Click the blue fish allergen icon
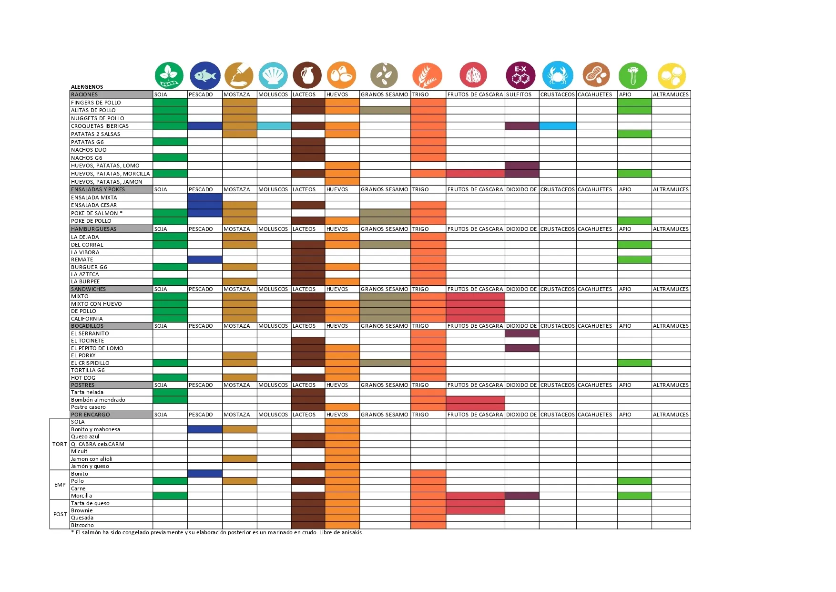pos(205,75)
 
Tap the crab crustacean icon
pos(557,75)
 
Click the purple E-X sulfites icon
pos(520,75)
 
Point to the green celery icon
pos(633,76)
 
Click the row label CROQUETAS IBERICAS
pos(100,126)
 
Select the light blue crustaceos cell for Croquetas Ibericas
pos(558,126)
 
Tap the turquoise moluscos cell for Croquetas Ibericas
pos(274,126)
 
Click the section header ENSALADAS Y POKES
pos(98,189)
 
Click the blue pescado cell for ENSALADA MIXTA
pos(205,197)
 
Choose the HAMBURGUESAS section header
pos(93,229)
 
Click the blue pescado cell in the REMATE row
pos(205,260)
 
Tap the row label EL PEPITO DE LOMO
pos(97,348)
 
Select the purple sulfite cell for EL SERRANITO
pos(522,333)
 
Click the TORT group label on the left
pos(60,444)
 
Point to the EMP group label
pos(60,485)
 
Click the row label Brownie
pos(82,510)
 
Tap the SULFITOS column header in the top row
pos(519,94)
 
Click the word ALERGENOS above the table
pos(87,87)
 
